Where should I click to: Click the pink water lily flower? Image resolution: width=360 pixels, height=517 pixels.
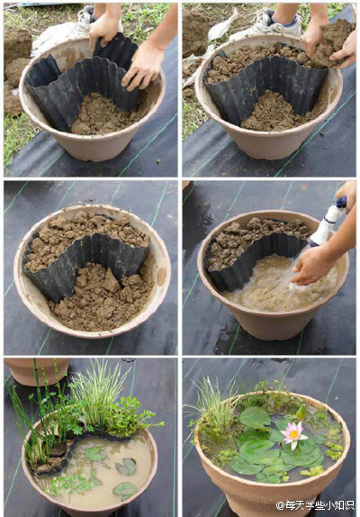pyautogui.click(x=294, y=434)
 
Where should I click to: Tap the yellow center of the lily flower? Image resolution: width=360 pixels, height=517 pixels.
pyautogui.click(x=293, y=434)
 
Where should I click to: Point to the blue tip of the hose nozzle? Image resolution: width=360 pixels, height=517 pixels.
pyautogui.click(x=342, y=201)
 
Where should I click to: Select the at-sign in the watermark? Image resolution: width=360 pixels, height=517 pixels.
pyautogui.click(x=280, y=505)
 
